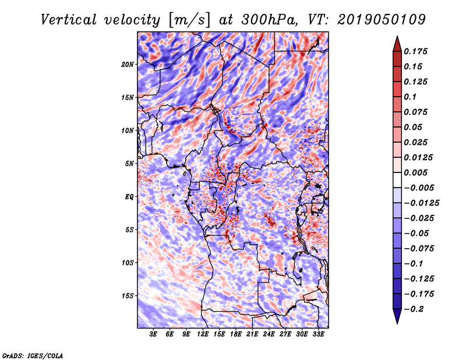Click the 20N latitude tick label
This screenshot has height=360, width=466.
click(128, 64)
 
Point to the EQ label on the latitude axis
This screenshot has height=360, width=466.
click(129, 196)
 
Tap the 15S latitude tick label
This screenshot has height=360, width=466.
click(128, 295)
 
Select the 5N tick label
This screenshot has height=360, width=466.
click(129, 163)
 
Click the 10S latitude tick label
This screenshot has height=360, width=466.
click(128, 262)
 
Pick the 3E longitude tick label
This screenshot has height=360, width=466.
click(154, 334)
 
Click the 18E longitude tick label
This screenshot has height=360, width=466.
click(236, 334)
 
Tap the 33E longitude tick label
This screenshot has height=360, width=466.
click(318, 334)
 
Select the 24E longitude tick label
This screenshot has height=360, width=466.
click(269, 334)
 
